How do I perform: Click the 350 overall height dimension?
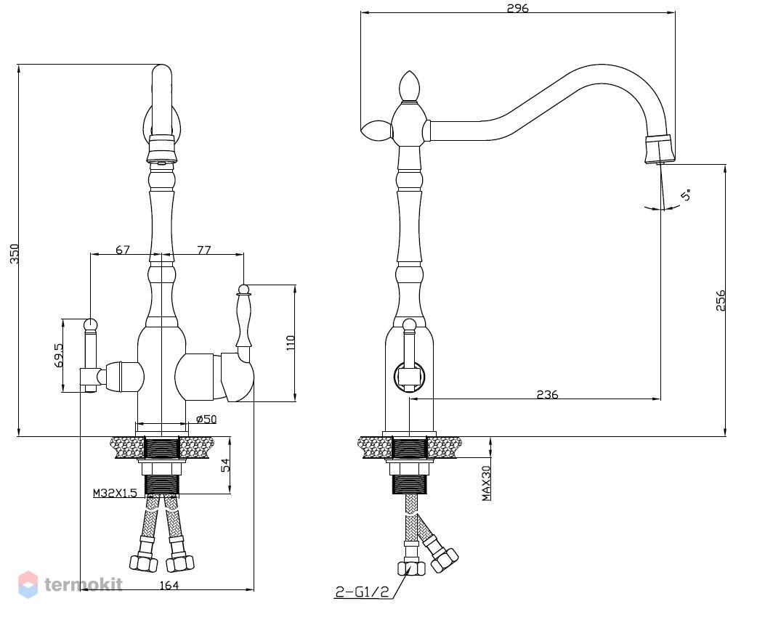tap(15, 254)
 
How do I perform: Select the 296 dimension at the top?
tap(518, 7)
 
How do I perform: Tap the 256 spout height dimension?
tap(721, 301)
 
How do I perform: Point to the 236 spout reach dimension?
tap(547, 393)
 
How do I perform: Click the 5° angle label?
tap(686, 195)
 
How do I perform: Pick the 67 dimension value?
tap(123, 250)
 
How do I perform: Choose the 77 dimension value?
tap(204, 250)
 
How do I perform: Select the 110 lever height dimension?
tap(291, 343)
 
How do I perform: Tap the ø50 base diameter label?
tap(206, 419)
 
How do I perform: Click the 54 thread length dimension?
tap(225, 465)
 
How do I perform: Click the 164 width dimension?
tap(169, 585)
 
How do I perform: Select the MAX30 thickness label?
tap(487, 483)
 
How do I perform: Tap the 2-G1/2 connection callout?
tap(362, 592)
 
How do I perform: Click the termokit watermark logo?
tap(71, 584)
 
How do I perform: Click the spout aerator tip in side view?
tap(660, 149)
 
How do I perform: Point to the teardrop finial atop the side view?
tap(409, 87)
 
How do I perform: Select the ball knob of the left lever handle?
tap(91, 324)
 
